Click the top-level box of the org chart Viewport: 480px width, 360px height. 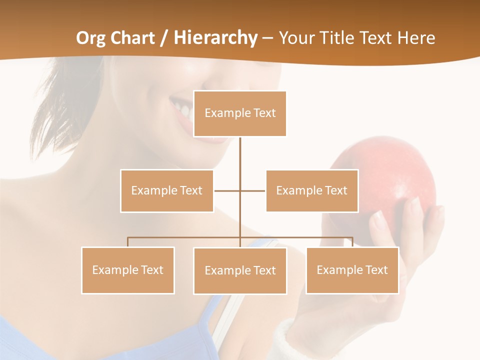(x=240, y=113)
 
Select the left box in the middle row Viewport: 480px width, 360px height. (x=167, y=191)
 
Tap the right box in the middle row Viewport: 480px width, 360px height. (x=312, y=191)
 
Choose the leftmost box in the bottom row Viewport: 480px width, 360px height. (x=128, y=270)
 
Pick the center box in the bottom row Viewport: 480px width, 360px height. (x=240, y=270)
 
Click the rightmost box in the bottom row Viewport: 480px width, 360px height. (x=352, y=270)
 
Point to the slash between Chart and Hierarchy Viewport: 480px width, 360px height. (x=163, y=38)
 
